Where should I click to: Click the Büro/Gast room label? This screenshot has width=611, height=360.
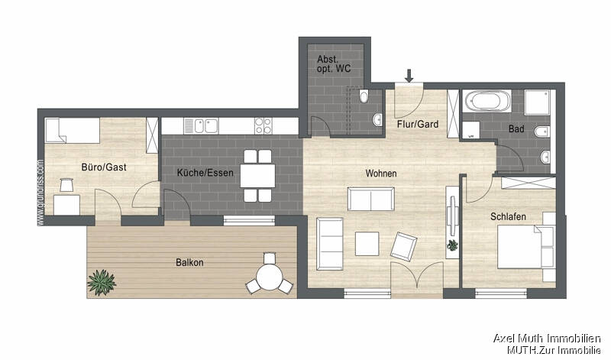point(103,167)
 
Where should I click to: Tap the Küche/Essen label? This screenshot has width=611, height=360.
point(204,173)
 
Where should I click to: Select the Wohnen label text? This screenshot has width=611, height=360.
point(380,174)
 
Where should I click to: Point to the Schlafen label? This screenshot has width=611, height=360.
point(508,217)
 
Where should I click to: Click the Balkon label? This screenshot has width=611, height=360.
point(190,262)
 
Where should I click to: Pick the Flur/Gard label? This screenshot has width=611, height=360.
point(417,124)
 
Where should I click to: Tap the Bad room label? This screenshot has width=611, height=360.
point(516,129)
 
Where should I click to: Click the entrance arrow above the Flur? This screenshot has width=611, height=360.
point(409,75)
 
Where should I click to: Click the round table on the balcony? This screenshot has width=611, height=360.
point(269,275)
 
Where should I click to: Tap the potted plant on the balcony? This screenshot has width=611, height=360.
point(101,282)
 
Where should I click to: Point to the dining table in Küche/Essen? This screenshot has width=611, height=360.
point(257,175)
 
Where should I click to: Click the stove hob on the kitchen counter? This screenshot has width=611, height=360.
point(263,123)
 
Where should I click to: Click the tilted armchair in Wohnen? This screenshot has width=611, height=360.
point(403,246)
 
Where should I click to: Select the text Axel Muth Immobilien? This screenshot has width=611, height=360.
point(547,338)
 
